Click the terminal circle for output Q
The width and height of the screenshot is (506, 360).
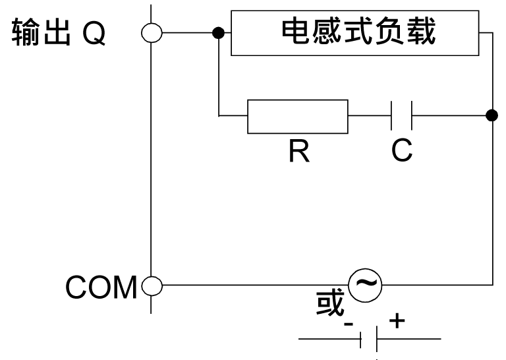click(x=152, y=33)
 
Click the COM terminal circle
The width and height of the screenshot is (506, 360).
click(x=152, y=286)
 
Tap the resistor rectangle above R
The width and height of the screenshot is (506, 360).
click(x=297, y=117)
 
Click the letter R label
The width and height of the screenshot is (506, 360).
click(x=297, y=151)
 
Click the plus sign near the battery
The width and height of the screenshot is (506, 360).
click(x=396, y=321)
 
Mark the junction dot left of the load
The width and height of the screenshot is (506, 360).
click(x=218, y=33)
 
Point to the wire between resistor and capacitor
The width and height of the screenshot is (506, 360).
click(x=369, y=117)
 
